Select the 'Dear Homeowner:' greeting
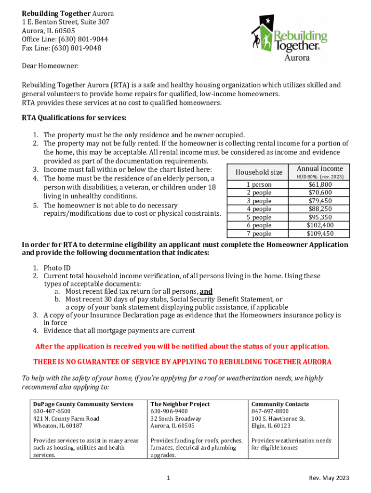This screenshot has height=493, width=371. (50, 65)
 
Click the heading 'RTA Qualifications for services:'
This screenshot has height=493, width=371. (74, 117)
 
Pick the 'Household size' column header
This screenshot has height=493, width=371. (259, 172)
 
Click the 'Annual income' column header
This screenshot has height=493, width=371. (320, 169)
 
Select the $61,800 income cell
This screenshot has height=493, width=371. (320, 184)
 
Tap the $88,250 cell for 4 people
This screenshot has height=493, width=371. (320, 209)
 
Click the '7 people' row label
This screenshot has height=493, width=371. (259, 234)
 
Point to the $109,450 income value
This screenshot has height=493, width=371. (320, 234)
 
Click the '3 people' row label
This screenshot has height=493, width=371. (259, 201)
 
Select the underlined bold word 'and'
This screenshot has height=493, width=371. (206, 291)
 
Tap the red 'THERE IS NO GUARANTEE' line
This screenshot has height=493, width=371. (182, 362)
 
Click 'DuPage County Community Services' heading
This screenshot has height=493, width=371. (83, 404)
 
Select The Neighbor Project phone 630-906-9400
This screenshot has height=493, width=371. (169, 411)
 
